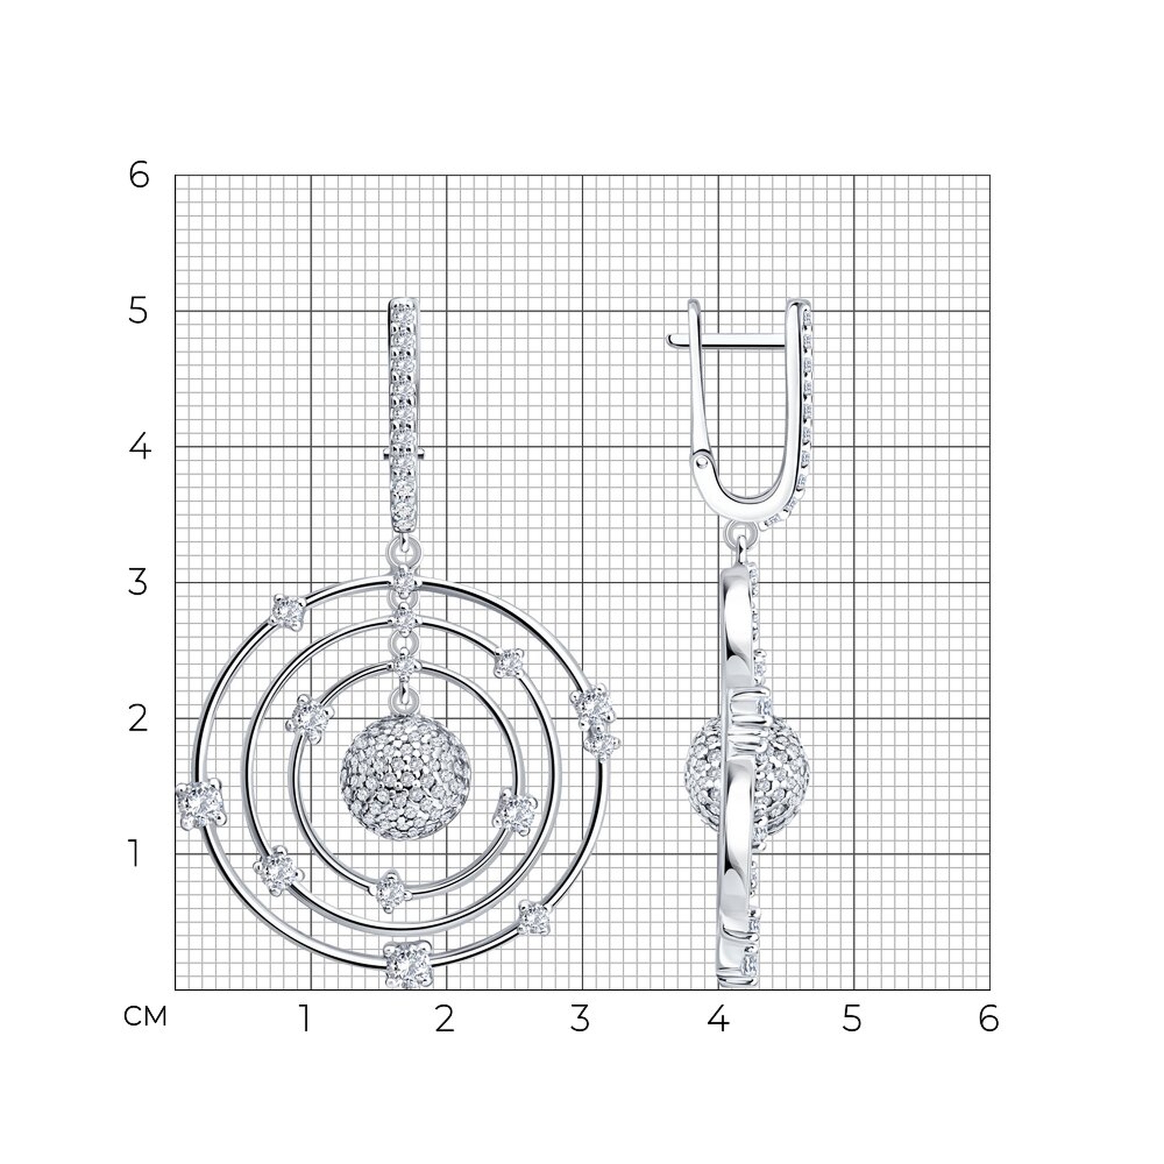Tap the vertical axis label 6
point(139,176)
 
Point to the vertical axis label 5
point(138,311)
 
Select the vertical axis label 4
point(139,447)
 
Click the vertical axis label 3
point(138,583)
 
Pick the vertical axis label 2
point(138,718)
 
